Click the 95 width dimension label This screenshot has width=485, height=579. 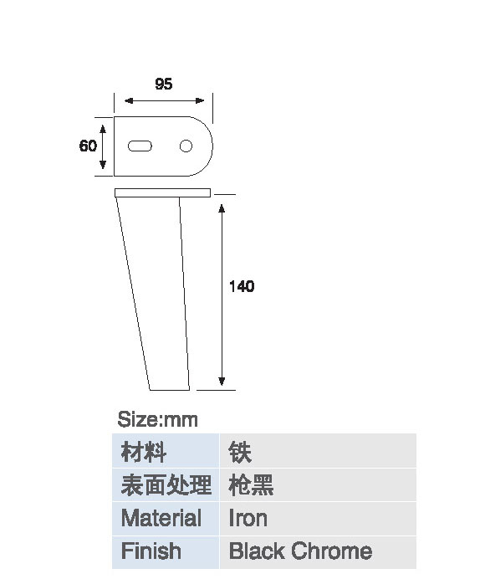164,85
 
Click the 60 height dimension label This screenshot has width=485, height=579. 88,146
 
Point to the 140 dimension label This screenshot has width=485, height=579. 242,286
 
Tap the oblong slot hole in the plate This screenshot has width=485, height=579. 140,146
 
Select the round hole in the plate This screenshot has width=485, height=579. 186,146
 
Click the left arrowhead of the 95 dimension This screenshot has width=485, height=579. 129,100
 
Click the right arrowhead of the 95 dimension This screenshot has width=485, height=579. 200,100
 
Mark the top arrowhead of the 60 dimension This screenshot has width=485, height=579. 103,129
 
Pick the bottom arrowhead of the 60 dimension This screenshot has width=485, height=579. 103,165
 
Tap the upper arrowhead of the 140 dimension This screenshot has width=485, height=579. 222,208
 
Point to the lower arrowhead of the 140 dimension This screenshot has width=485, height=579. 222,382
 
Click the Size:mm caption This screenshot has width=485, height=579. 157,420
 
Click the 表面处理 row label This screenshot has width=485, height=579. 166,484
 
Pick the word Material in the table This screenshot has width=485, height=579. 161,518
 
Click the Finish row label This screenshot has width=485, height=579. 151,551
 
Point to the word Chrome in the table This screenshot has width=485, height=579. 331,551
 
